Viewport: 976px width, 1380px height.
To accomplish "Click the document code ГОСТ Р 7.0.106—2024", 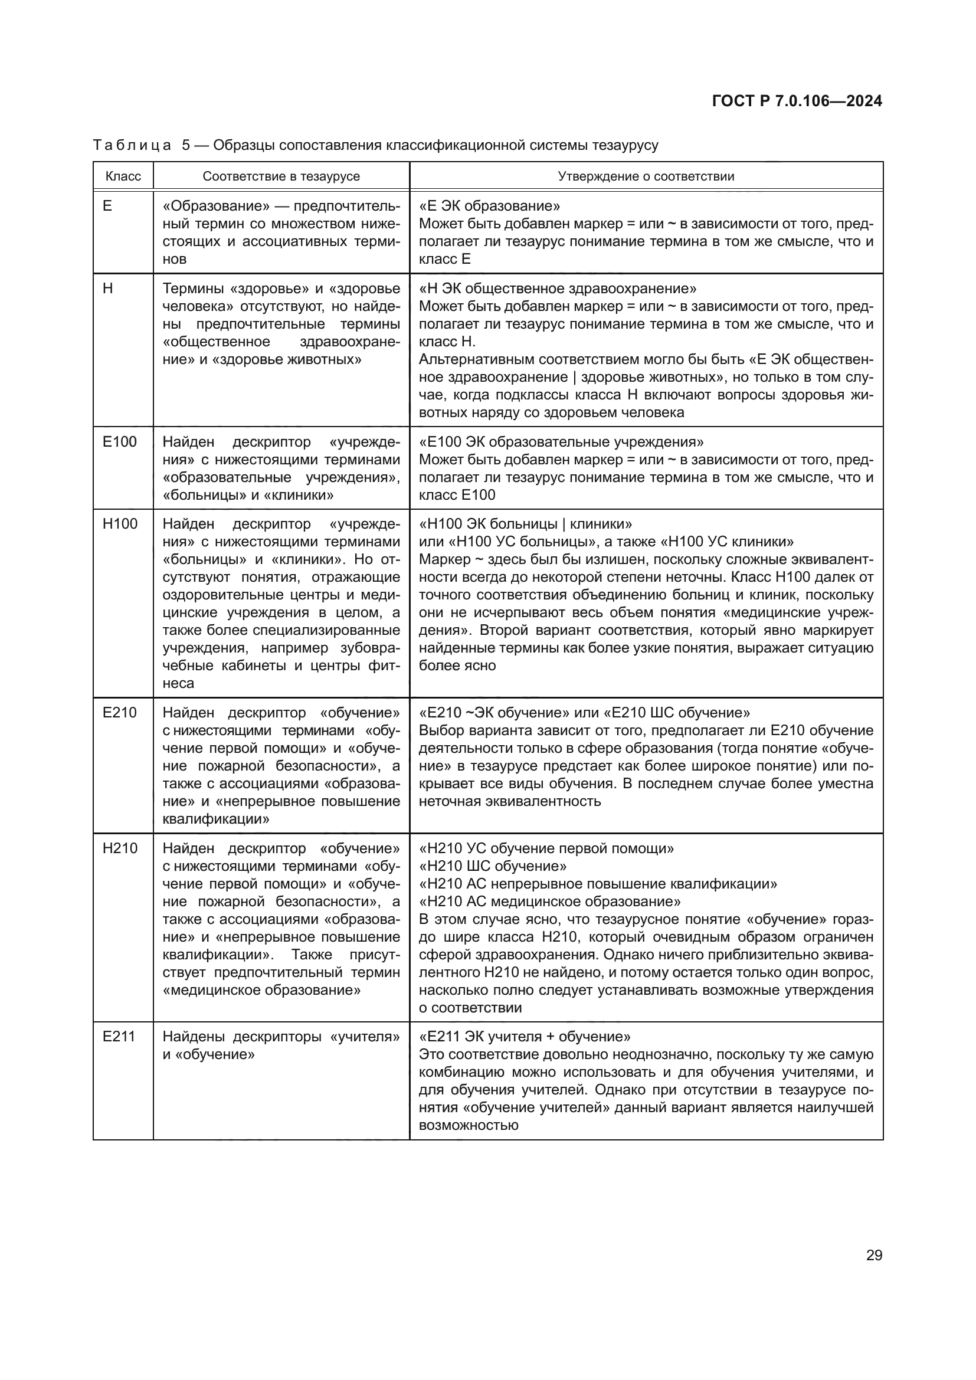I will tap(797, 101).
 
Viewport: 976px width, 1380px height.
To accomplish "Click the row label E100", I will tap(120, 442).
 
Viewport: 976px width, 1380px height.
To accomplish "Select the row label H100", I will tap(120, 523).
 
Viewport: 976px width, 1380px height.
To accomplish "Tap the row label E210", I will tap(120, 712).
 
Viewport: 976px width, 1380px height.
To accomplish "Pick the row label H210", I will tap(120, 848).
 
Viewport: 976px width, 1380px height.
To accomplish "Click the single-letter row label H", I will tap(107, 289).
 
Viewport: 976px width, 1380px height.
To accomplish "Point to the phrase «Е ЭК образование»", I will tap(489, 206).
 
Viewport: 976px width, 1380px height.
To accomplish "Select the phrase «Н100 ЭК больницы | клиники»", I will tap(525, 523).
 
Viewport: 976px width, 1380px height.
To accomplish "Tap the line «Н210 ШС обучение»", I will tap(493, 866).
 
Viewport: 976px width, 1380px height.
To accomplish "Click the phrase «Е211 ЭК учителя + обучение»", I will tap(525, 1037).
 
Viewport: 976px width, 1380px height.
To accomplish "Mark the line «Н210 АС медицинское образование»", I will tap(550, 902).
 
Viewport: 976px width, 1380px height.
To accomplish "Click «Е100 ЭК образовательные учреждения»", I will tap(561, 442).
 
